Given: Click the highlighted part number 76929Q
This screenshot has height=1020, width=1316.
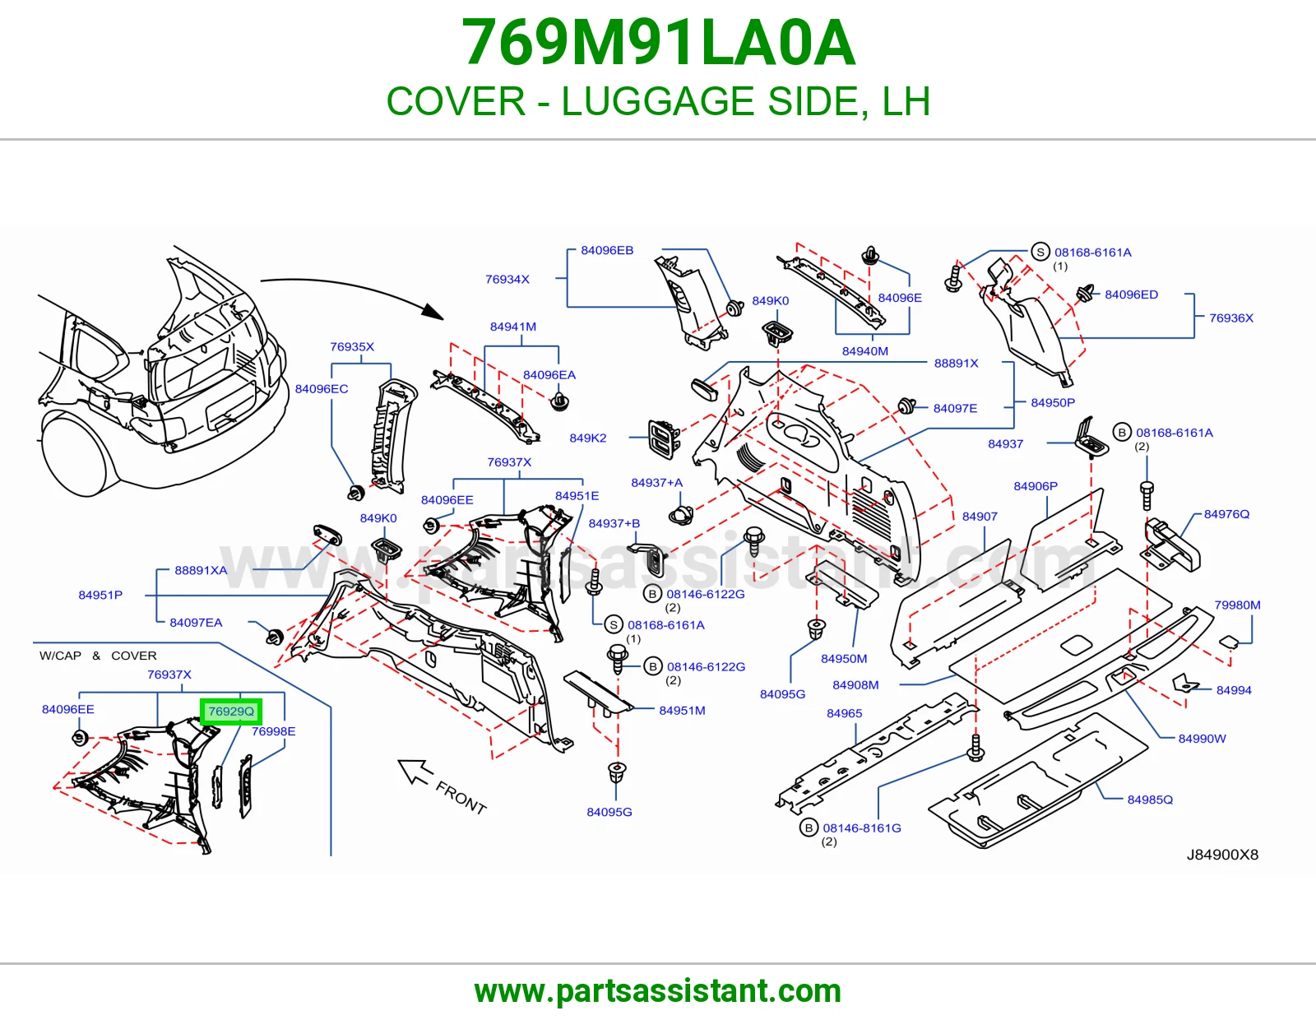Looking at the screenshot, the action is click(x=231, y=711).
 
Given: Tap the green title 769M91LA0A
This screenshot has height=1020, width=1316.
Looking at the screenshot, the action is click(x=658, y=43).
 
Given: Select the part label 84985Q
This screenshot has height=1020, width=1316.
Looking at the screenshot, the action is click(x=1150, y=800).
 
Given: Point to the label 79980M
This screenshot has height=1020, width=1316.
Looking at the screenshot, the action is click(x=1237, y=605).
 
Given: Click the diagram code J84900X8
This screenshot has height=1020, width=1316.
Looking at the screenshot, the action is click(x=1222, y=855).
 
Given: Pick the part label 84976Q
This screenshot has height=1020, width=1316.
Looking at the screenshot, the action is click(x=1226, y=513).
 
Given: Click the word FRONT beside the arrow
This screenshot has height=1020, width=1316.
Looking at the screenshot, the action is click(x=461, y=798).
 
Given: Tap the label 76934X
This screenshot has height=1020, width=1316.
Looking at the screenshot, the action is click(x=507, y=279).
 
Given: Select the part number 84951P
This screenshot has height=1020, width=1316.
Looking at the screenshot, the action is click(x=100, y=595).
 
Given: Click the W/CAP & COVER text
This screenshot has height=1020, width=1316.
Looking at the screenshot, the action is click(x=98, y=656).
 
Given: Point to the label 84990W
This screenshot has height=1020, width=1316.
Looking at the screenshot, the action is click(x=1202, y=739).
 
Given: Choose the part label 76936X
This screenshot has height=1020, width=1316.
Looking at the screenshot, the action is click(x=1231, y=318).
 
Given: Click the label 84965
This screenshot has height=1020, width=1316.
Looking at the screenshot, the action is click(x=844, y=713).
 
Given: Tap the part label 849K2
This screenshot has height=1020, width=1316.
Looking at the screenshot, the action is click(x=587, y=438).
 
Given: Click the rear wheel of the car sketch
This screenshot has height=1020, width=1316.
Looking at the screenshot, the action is click(x=79, y=453).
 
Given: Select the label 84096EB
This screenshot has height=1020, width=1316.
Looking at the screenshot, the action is click(x=607, y=250).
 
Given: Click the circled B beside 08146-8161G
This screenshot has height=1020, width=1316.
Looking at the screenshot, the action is click(x=809, y=828).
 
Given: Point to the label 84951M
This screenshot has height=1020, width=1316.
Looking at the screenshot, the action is click(x=682, y=710).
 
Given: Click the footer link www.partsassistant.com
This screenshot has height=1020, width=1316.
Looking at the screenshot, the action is click(x=658, y=991).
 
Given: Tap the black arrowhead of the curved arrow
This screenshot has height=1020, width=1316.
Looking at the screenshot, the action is click(x=433, y=311).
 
